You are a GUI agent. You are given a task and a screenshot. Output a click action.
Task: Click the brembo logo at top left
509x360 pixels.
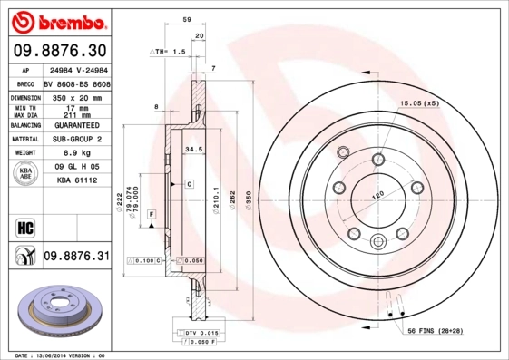[56, 18]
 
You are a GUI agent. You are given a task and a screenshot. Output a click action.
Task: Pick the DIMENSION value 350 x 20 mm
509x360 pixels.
[74, 95]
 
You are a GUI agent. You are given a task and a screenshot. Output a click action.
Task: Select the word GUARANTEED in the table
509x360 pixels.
[74, 124]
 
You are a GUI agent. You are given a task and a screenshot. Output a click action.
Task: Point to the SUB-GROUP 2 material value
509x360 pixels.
[74, 139]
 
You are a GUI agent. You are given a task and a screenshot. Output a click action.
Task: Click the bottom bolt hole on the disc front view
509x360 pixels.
[378, 241]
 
